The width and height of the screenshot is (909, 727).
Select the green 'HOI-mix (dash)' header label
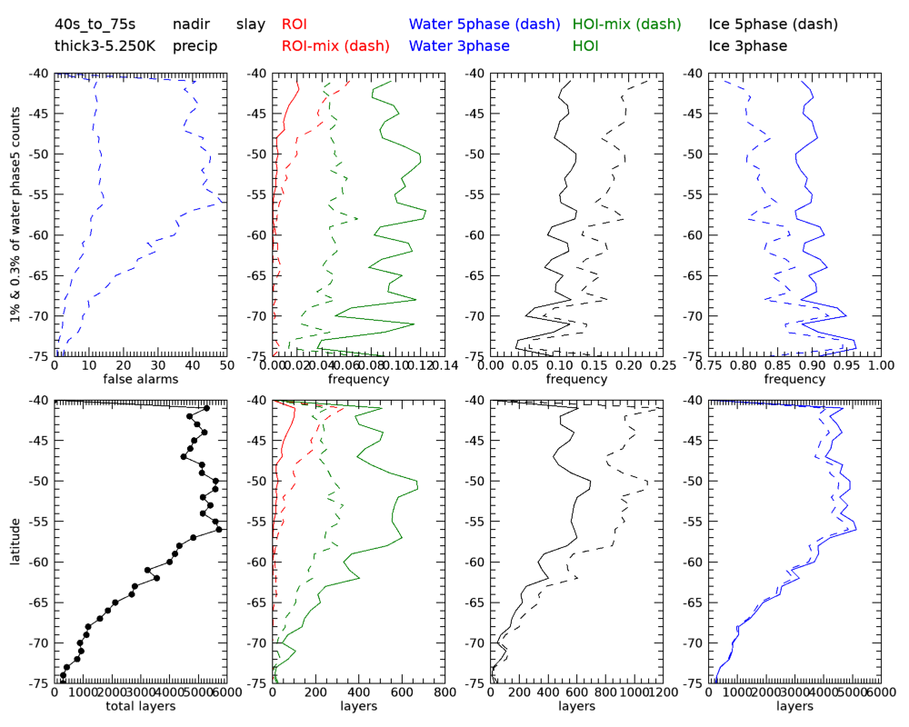tap(627, 25)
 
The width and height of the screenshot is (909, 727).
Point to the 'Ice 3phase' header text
tap(748, 45)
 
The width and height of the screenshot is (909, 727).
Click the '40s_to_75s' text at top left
tap(95, 25)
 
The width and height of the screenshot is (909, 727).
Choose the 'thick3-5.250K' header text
tap(103, 45)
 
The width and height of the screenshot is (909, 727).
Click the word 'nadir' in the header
tap(190, 25)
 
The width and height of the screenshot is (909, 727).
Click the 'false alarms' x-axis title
tap(140, 378)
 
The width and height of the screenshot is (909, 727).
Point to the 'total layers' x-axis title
tap(140, 705)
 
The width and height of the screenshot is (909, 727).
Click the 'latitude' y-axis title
tap(15, 541)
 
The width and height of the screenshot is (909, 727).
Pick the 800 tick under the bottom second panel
tap(445, 692)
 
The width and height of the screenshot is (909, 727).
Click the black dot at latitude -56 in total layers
tap(219, 529)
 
